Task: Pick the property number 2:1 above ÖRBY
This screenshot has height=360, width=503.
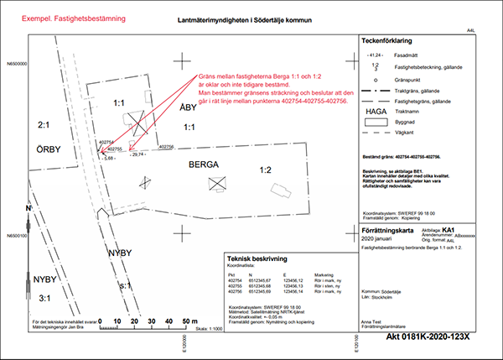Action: click(45, 124)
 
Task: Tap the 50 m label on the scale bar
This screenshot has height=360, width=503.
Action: click(189, 321)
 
